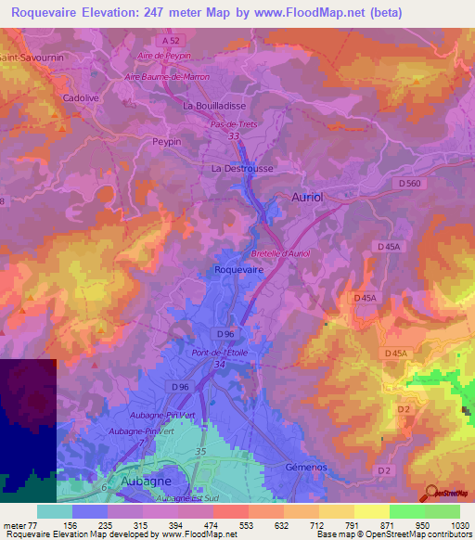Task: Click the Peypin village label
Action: [x=166, y=142]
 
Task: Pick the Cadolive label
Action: [x=80, y=96]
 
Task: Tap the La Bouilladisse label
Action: [x=213, y=106]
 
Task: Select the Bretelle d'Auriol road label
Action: [x=280, y=253]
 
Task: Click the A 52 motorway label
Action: [x=169, y=42]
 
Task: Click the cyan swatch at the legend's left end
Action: [x=54, y=511]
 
